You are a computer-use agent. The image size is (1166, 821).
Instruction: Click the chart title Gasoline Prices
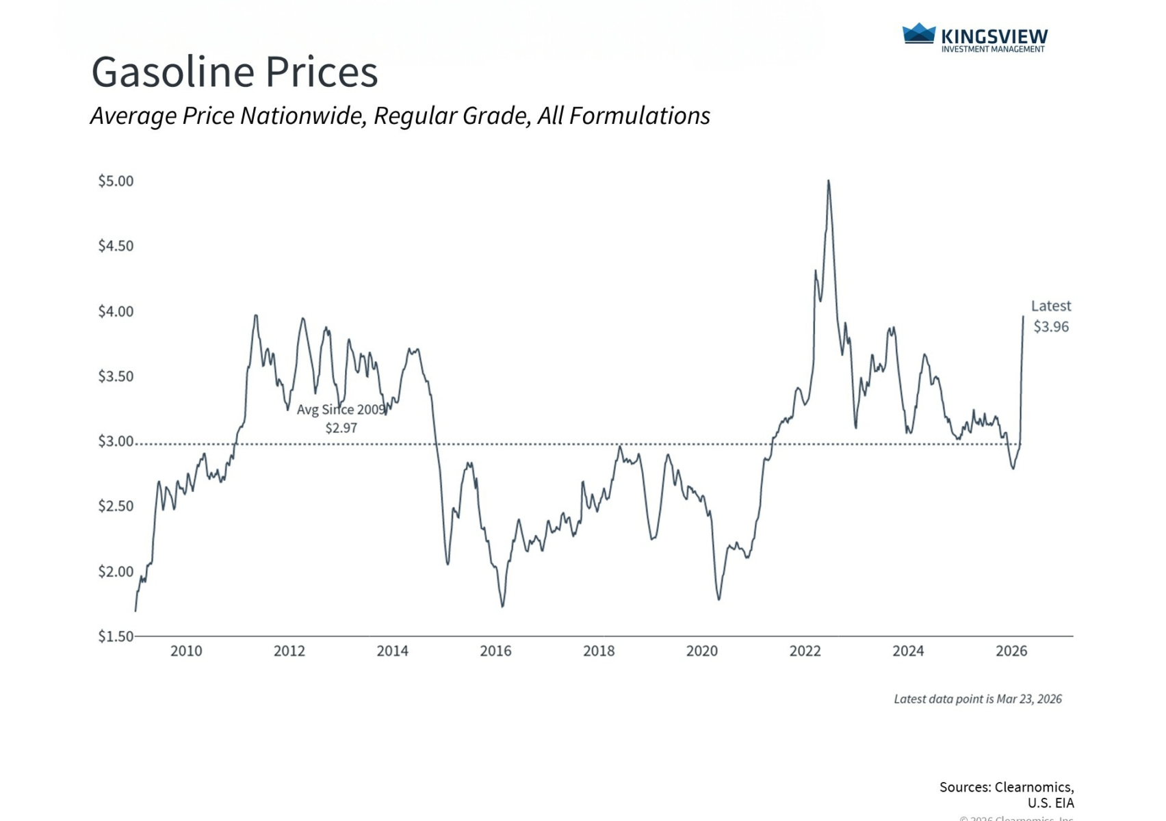(x=234, y=72)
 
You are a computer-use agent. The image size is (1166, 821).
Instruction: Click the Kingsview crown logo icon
(x=918, y=34)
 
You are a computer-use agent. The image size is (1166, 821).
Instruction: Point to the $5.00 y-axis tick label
(x=116, y=181)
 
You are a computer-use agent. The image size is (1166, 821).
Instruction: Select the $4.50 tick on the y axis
(x=116, y=246)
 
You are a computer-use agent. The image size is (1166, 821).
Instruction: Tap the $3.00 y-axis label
(x=116, y=441)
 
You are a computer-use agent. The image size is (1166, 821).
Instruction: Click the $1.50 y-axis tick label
(x=116, y=636)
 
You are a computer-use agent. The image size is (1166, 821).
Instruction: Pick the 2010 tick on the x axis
(x=186, y=651)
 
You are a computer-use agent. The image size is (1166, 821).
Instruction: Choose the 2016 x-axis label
(x=495, y=651)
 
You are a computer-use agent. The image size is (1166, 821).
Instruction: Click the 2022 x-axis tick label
(x=805, y=651)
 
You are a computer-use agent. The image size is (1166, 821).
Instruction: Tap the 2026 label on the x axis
(x=1011, y=651)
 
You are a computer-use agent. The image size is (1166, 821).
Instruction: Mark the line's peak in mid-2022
(x=829, y=181)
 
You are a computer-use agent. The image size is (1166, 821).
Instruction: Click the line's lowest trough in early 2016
(x=503, y=606)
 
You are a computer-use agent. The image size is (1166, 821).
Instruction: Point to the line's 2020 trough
(x=719, y=599)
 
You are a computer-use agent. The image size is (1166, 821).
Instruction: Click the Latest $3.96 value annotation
(x=1051, y=326)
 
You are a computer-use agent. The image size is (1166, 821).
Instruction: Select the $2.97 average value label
(x=341, y=428)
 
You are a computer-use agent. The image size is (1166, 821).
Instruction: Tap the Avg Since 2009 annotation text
(x=341, y=410)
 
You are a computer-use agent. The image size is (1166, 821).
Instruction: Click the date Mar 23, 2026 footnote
(x=1029, y=699)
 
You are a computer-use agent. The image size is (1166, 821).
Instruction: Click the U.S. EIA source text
(x=1050, y=803)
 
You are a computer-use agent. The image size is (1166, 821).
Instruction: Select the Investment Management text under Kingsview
(x=993, y=49)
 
